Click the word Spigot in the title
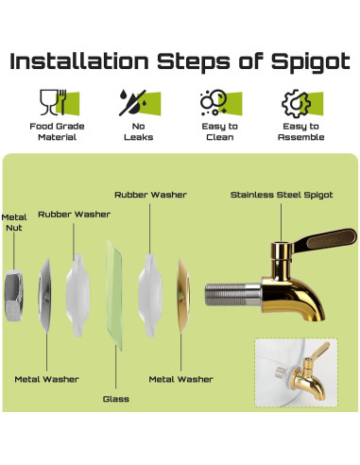[x=311, y=61]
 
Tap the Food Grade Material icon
[x=59, y=102]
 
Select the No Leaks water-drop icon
[x=140, y=102]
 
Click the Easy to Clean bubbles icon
[x=221, y=103]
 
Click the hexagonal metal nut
[x=13, y=296]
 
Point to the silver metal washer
[x=44, y=296]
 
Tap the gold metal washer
[x=183, y=296]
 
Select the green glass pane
[x=114, y=296]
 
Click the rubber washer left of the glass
[x=77, y=296]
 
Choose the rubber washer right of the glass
[x=150, y=296]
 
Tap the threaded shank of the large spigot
[x=232, y=295]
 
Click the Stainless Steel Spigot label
[x=282, y=195]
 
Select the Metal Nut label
[x=14, y=222]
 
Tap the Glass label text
[x=116, y=399]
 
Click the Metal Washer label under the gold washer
[x=181, y=379]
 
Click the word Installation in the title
[x=79, y=60]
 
